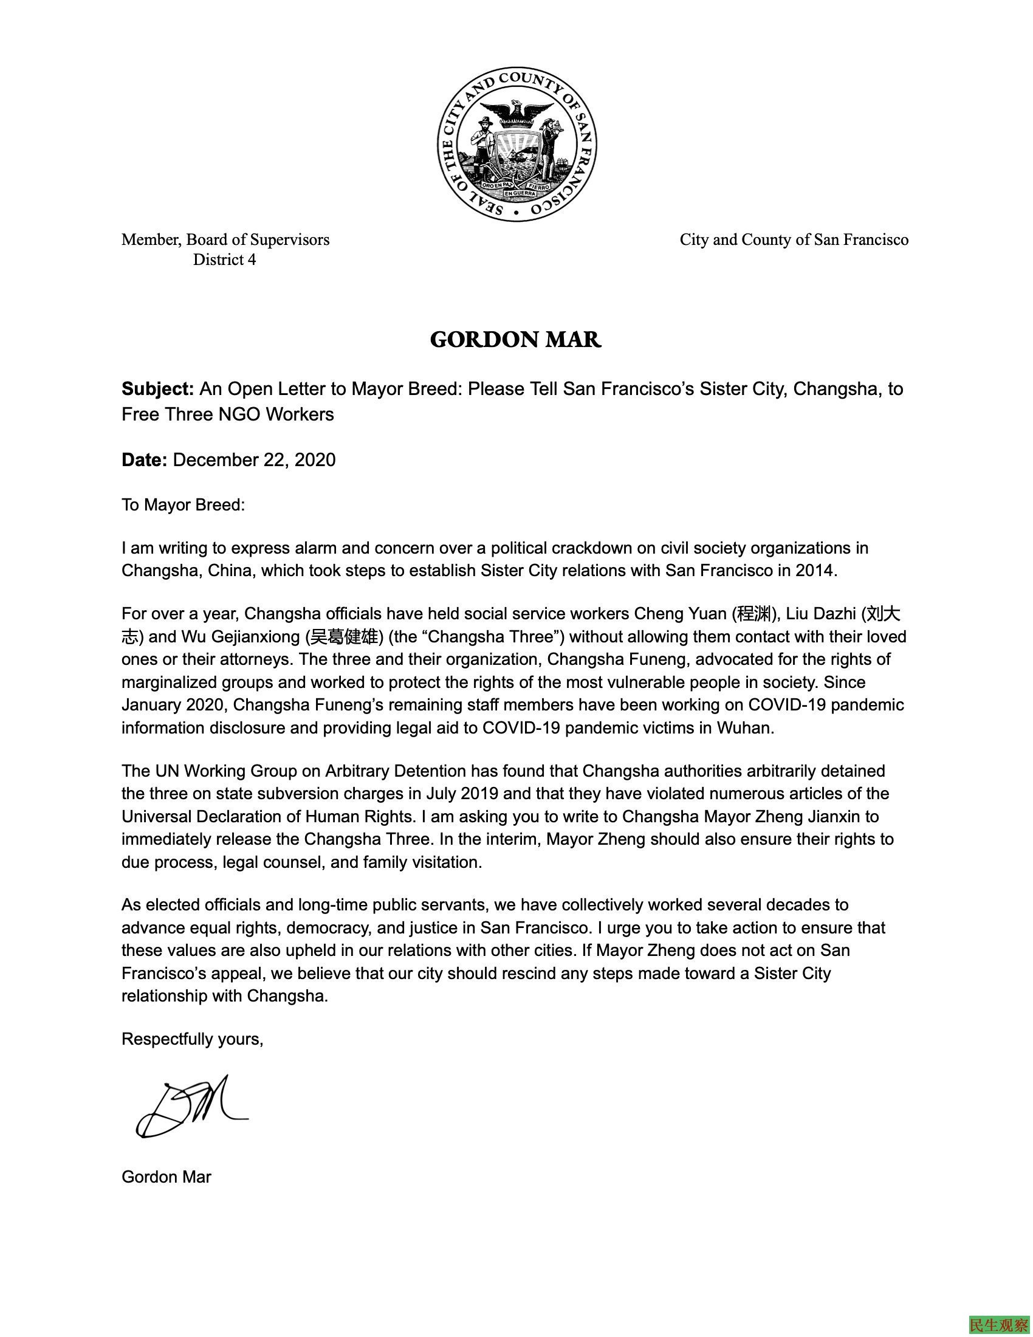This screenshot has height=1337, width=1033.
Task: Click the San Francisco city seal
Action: click(x=516, y=144)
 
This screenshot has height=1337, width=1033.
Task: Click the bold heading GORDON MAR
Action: click(x=516, y=340)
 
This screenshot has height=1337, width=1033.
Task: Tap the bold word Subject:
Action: click(x=158, y=389)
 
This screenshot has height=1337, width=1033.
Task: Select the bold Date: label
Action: click(x=145, y=460)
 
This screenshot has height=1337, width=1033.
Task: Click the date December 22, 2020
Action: click(x=254, y=460)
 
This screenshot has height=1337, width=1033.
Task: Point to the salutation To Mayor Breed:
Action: click(x=183, y=505)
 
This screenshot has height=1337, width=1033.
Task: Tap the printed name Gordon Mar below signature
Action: click(x=166, y=1177)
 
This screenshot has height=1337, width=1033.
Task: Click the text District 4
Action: click(x=225, y=259)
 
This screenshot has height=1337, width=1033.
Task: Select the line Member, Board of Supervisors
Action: click(x=225, y=239)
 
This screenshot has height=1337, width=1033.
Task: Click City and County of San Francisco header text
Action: click(x=794, y=239)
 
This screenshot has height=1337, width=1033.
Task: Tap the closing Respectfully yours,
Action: click(x=192, y=1039)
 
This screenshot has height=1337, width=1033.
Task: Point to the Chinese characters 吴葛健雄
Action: click(x=344, y=637)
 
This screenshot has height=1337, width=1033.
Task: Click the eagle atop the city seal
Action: click(x=518, y=113)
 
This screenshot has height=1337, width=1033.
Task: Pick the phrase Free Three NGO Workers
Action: click(x=228, y=414)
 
